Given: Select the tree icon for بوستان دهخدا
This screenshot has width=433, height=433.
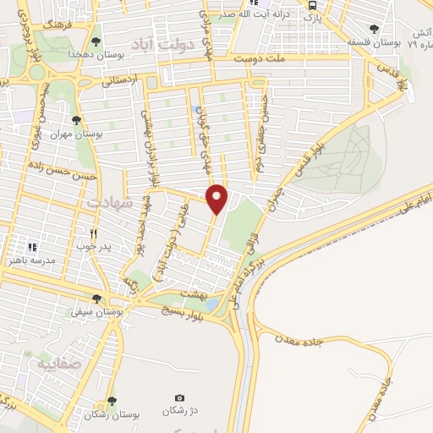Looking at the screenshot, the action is (x=97, y=41).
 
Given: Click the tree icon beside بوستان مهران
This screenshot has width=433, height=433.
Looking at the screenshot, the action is (x=78, y=121).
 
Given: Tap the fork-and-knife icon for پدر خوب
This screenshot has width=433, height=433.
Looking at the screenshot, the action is (x=95, y=233).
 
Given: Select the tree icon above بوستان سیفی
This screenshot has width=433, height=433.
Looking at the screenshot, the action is (x=97, y=298).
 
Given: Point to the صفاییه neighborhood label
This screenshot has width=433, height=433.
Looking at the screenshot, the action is (x=57, y=364).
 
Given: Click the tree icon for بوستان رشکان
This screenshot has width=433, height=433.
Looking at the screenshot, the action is (x=112, y=401).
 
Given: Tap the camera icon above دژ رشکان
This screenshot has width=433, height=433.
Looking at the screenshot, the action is (x=179, y=397).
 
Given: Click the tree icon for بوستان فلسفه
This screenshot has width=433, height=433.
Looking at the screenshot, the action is (x=374, y=29).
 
